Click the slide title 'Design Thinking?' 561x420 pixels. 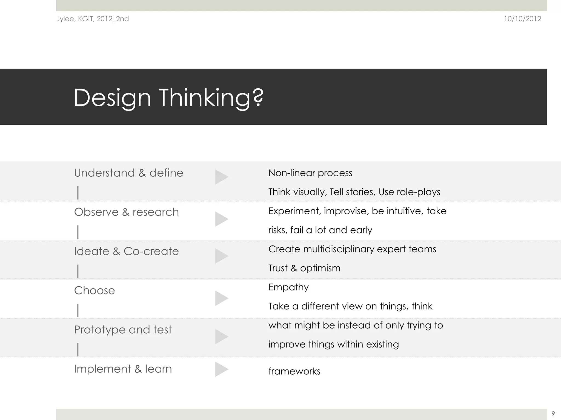168,98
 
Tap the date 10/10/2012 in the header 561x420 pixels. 523,19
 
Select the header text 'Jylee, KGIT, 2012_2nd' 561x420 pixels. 93,19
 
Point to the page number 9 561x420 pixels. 553,413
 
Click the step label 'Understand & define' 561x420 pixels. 128,173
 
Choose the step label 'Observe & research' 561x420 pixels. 126,212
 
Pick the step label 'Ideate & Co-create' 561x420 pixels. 126,251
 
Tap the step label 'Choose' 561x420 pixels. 95,290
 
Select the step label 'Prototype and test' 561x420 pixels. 123,330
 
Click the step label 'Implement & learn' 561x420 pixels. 123,369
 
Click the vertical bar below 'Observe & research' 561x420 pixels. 78,232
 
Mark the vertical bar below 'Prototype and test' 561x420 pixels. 78,349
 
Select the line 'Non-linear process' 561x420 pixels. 310,173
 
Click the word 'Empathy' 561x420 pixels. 288,287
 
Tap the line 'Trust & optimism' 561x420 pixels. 304,268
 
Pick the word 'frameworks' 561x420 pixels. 294,371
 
